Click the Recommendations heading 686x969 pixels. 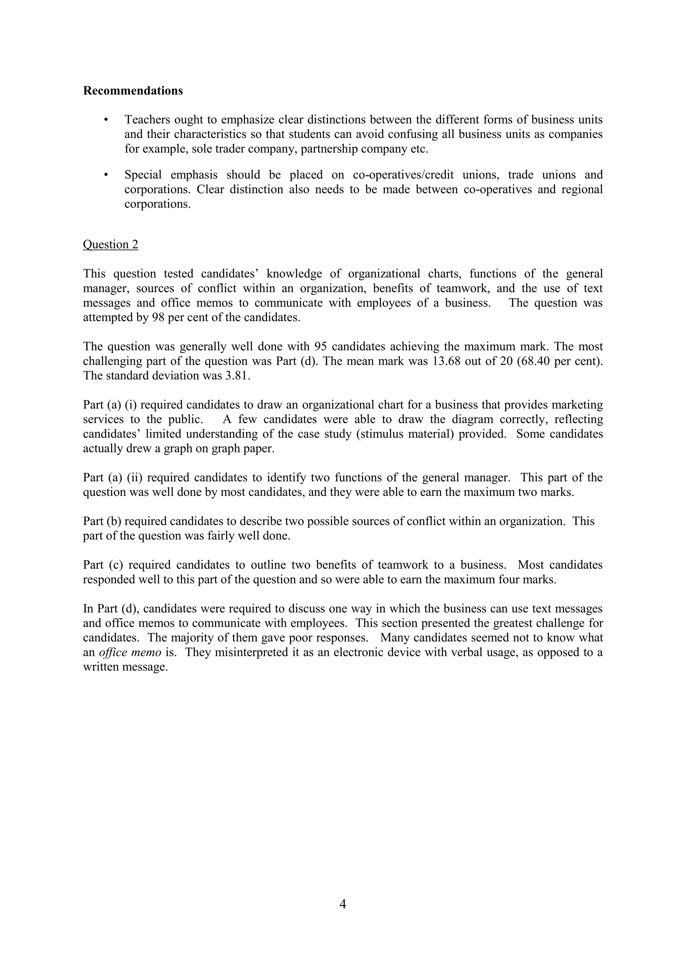tap(133, 91)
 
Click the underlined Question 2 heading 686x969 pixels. tap(110, 244)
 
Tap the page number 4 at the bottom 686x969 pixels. tap(343, 904)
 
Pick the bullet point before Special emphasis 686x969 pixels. tap(106, 175)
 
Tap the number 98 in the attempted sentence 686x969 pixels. tap(158, 318)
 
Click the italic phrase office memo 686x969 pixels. tap(130, 652)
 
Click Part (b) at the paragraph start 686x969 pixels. tap(102, 521)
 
